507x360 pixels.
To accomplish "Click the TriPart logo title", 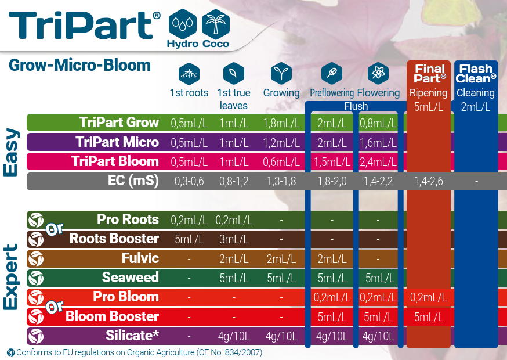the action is pyautogui.click(x=84, y=25).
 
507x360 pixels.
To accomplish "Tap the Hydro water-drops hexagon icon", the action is pyautogui.click(x=182, y=24).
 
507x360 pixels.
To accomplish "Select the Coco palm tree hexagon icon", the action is pyautogui.click(x=216, y=24).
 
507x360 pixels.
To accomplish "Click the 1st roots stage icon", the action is pyautogui.click(x=189, y=74).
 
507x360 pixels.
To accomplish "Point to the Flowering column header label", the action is pyautogui.click(x=378, y=93).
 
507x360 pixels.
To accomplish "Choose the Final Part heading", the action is pyautogui.click(x=430, y=74).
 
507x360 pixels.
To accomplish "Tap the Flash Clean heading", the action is pyautogui.click(x=476, y=74).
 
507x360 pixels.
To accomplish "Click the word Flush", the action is pyautogui.click(x=356, y=106).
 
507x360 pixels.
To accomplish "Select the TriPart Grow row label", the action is pyautogui.click(x=119, y=123).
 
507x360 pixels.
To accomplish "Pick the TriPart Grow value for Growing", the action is pyautogui.click(x=281, y=123).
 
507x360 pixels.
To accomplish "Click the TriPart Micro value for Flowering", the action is pyautogui.click(x=378, y=142).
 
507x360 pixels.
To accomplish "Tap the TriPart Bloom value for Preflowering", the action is pyautogui.click(x=332, y=162).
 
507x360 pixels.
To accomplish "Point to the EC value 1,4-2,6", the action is pyautogui.click(x=429, y=181).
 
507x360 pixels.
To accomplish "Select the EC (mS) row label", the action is pyautogui.click(x=133, y=181).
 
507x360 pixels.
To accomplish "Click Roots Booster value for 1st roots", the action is pyautogui.click(x=189, y=239).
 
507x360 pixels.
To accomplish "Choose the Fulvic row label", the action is pyautogui.click(x=140, y=258).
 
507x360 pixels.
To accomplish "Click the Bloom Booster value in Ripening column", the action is pyautogui.click(x=429, y=317).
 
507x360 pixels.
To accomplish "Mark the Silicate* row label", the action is pyautogui.click(x=132, y=336).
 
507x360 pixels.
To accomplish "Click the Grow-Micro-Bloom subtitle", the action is pyautogui.click(x=80, y=65).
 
